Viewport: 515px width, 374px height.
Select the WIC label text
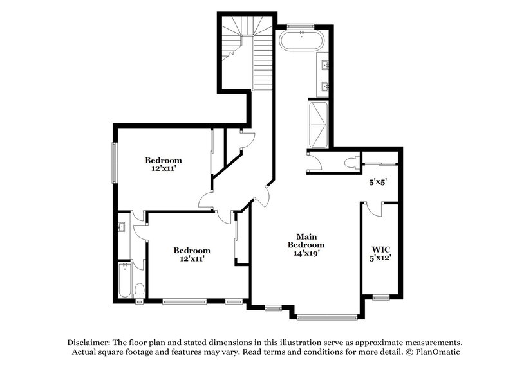379,249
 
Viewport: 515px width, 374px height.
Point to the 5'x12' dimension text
379,258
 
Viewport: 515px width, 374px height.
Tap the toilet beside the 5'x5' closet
351,163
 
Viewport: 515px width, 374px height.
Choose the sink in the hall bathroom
122,226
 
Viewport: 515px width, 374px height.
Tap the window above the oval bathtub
301,26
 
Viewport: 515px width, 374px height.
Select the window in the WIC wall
381,297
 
